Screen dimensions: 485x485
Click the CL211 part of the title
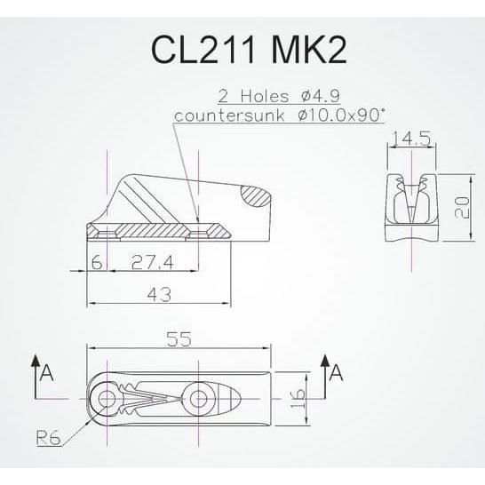[x=203, y=50]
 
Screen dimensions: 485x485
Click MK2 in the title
[x=308, y=50]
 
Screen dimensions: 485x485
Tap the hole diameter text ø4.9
[x=320, y=96]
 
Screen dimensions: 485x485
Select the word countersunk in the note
[x=229, y=116]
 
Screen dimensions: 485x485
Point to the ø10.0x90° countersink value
[x=341, y=115]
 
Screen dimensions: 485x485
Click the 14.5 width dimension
[x=411, y=139]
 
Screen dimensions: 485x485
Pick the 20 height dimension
[x=463, y=208]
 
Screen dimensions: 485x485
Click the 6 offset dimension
[x=97, y=263]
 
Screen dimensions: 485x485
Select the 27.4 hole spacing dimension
[x=152, y=263]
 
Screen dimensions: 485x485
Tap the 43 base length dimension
[x=159, y=295]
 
